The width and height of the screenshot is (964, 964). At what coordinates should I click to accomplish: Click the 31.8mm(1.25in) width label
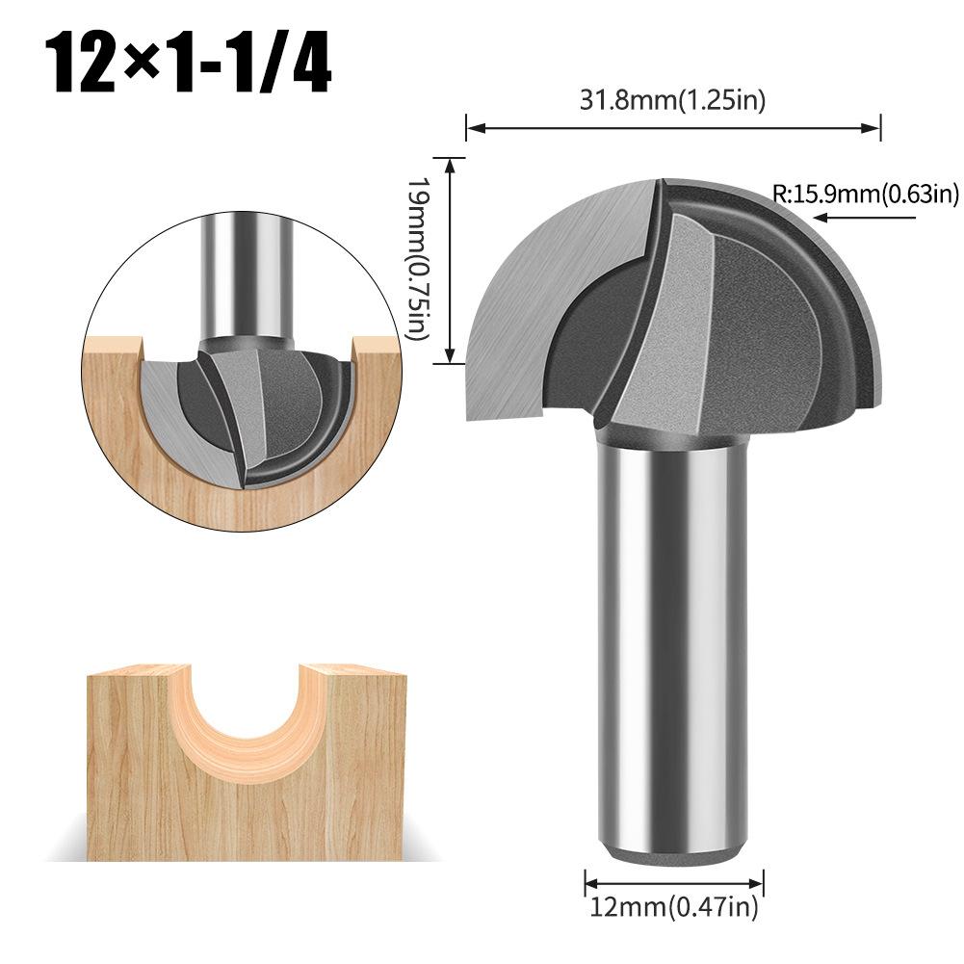(673, 100)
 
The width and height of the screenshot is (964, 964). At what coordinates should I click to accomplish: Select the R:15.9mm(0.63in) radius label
(866, 195)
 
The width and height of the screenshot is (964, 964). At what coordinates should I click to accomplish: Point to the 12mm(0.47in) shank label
(674, 905)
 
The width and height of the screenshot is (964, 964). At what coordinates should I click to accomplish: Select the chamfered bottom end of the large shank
(673, 853)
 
